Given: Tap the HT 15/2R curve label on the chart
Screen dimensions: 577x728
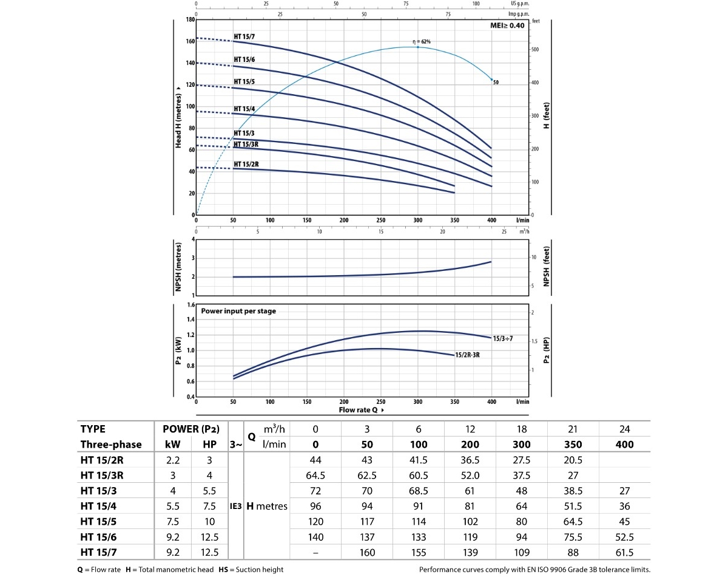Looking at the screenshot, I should point(246,164).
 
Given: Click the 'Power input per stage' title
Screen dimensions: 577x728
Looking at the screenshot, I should point(238,311).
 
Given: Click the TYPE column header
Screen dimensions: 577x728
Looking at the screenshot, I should point(98,429).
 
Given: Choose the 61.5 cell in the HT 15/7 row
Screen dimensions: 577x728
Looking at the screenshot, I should point(625,552).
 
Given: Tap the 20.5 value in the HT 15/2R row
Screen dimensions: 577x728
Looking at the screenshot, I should point(573,460).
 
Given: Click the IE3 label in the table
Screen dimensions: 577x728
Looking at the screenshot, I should point(237,505).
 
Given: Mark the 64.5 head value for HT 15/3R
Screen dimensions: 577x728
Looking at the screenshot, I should point(315,475).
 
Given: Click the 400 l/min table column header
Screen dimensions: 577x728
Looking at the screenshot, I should point(625,444).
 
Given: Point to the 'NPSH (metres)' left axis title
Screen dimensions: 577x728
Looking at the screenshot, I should point(179,265).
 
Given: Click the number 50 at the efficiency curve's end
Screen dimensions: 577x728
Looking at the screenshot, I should point(496,81).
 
